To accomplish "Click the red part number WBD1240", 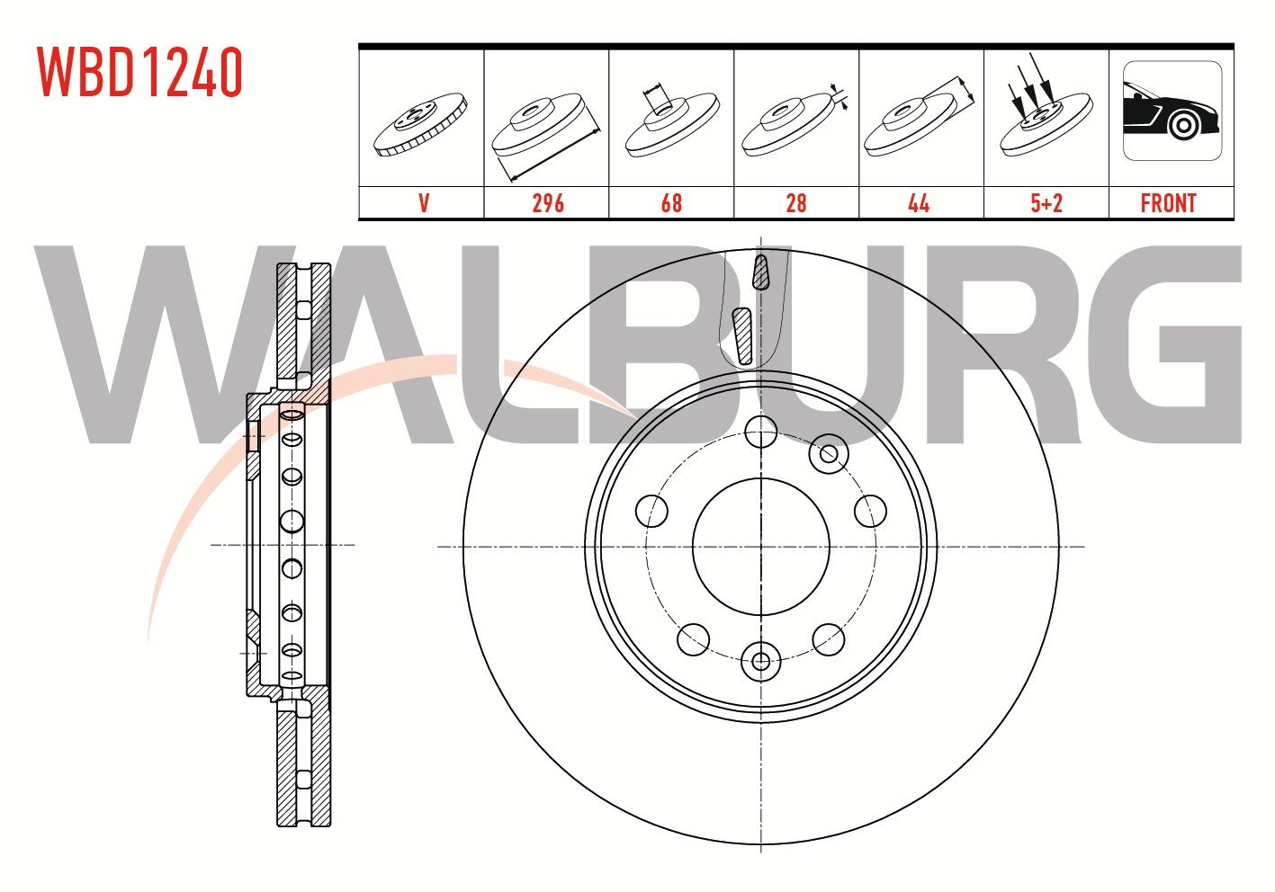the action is (x=139, y=72).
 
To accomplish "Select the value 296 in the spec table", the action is (x=548, y=203).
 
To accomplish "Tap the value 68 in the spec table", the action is (x=671, y=203).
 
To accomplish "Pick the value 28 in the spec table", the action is (x=796, y=203).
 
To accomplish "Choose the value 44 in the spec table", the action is (x=920, y=203).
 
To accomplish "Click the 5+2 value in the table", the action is (x=1046, y=203).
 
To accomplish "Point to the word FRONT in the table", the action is (x=1169, y=203).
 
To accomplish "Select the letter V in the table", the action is (x=424, y=203).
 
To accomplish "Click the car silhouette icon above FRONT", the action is (x=1172, y=111).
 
